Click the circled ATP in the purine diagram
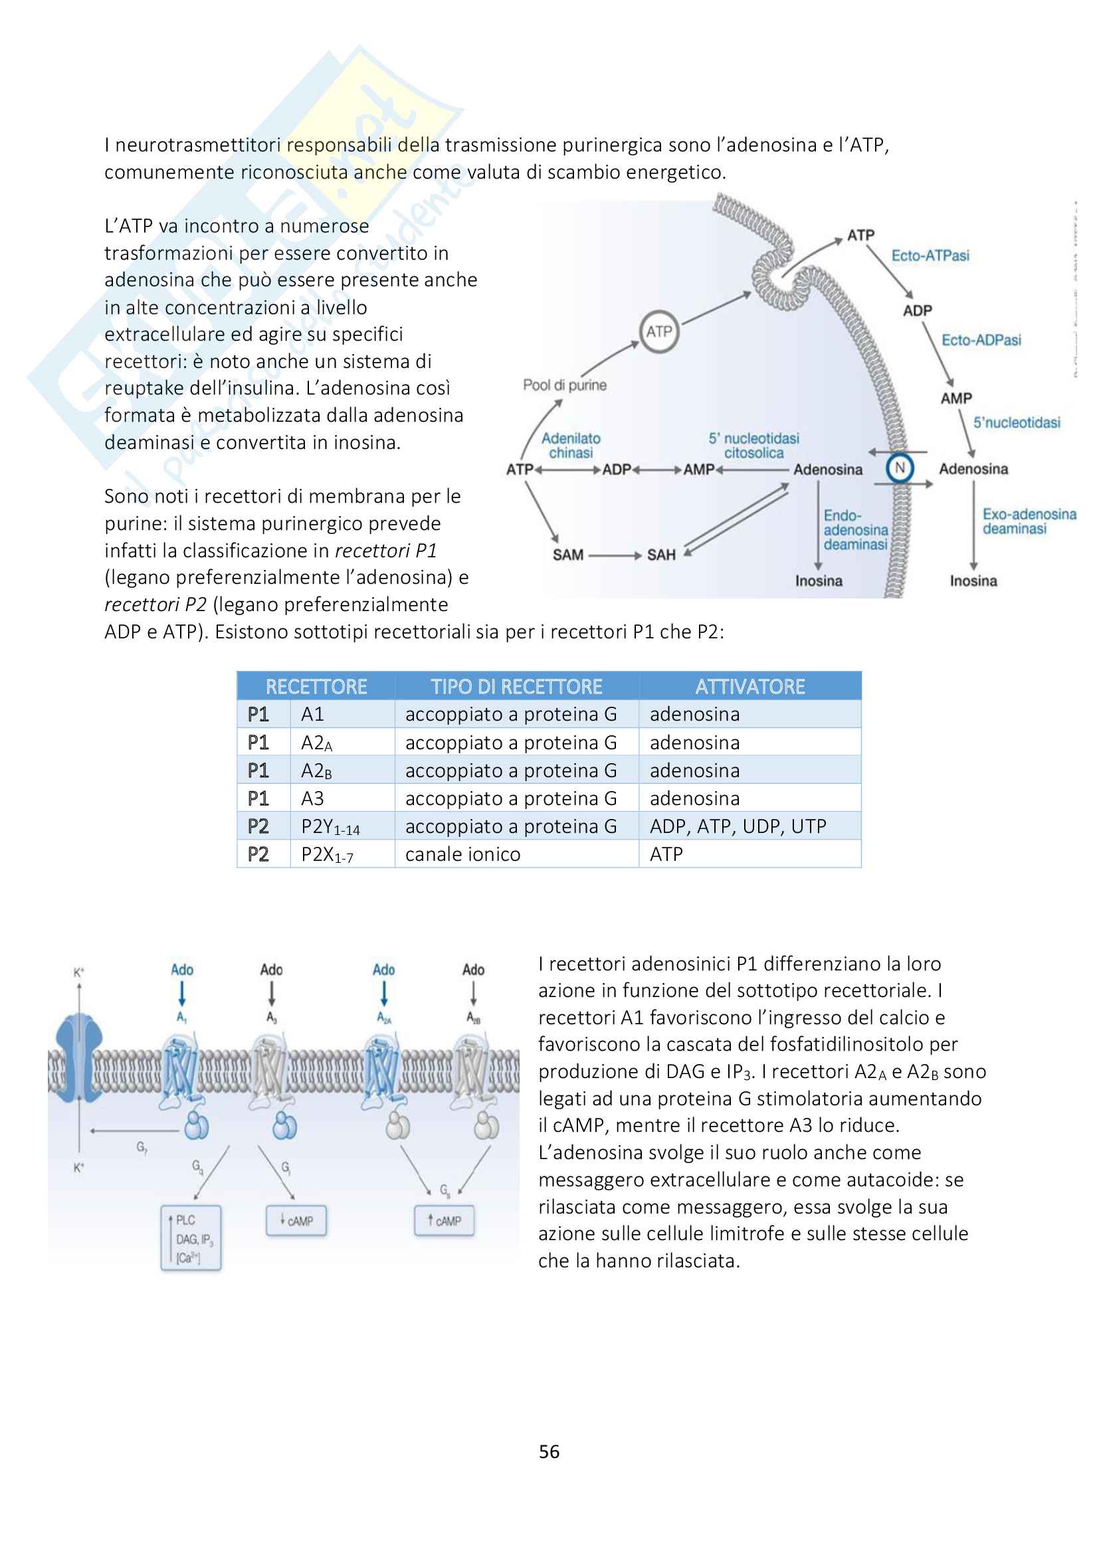(x=658, y=331)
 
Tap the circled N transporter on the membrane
(x=900, y=468)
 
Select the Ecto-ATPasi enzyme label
(x=930, y=256)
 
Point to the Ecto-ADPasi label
(x=981, y=340)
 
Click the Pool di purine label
(x=564, y=385)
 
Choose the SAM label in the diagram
(x=567, y=555)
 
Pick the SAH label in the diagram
(x=661, y=555)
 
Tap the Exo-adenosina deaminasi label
(x=1029, y=521)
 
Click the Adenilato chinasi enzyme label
(x=571, y=446)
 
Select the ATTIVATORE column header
(x=749, y=687)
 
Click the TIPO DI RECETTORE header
(x=516, y=687)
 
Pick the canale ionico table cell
(x=463, y=854)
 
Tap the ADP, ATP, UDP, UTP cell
(x=738, y=826)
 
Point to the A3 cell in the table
(x=313, y=799)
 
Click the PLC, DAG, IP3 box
(x=191, y=1238)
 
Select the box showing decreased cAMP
(x=296, y=1221)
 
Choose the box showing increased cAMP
(x=444, y=1221)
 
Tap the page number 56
(x=549, y=1451)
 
